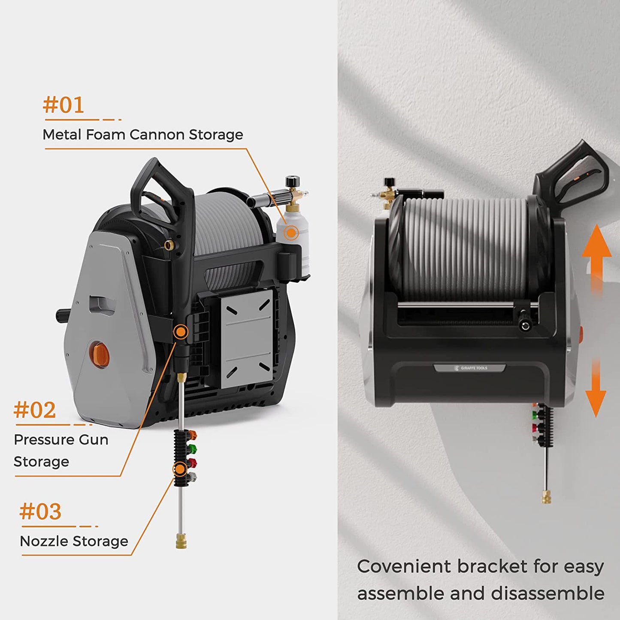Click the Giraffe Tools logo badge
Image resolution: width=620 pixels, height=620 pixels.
470,368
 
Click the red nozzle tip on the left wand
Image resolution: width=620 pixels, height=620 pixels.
192,463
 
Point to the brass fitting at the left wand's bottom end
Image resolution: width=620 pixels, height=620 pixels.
181,541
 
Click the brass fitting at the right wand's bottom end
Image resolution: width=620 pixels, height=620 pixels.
547,497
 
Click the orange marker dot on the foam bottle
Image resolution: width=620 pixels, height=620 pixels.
291,233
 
